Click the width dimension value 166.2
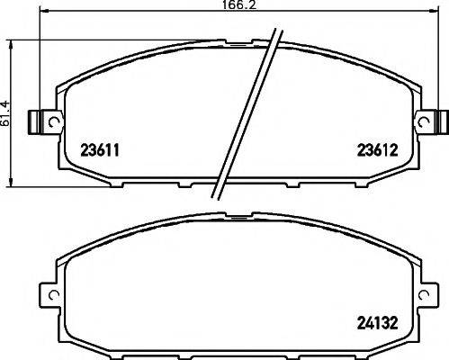[236, 7]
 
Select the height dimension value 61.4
[6, 112]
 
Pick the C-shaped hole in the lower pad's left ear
[51, 296]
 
